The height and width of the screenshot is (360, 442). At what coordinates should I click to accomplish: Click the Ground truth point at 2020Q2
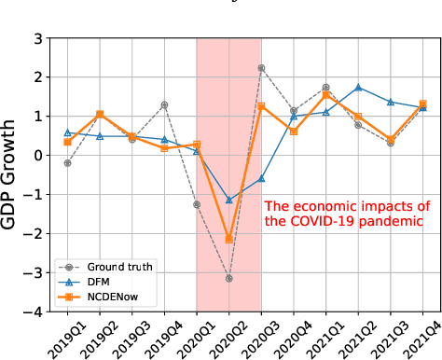click(228, 279)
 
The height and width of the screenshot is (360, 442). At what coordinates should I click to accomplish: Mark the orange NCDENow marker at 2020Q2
click(228, 240)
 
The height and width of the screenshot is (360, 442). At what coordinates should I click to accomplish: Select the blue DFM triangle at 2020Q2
click(228, 200)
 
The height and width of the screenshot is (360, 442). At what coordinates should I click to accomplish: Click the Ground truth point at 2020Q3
click(261, 68)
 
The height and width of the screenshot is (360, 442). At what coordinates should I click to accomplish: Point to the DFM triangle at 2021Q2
click(358, 87)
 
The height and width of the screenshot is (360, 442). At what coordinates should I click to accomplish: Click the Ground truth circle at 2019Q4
click(164, 104)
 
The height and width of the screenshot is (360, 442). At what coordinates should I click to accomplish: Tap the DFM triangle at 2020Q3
click(261, 178)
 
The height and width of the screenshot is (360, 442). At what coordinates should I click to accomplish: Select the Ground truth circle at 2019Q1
click(67, 163)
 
